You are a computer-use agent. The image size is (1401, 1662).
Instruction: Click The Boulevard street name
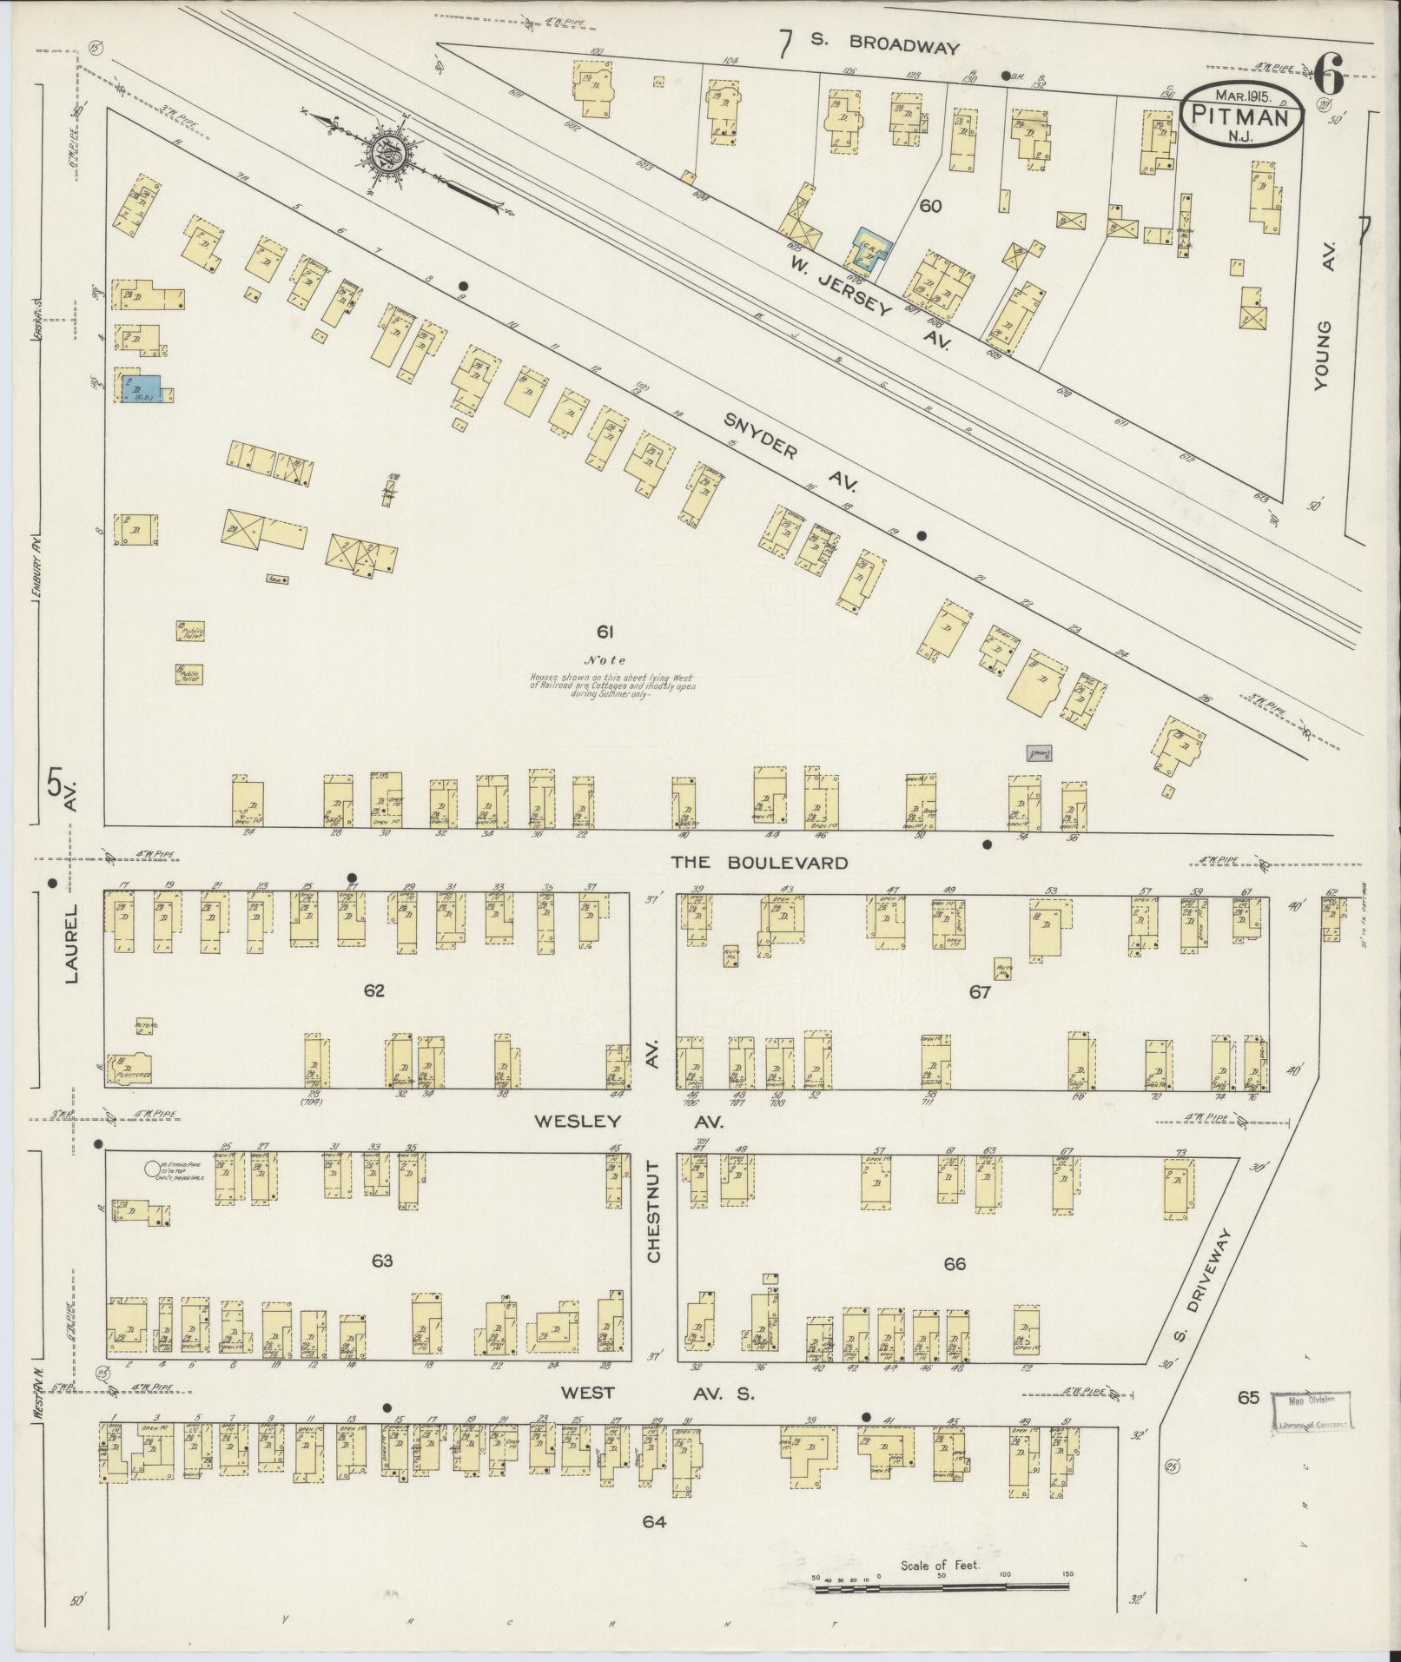point(757,862)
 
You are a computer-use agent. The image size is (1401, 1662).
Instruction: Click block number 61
point(605,631)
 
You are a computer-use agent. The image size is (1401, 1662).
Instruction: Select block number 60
point(931,206)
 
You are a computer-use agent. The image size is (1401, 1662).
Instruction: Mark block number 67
point(980,991)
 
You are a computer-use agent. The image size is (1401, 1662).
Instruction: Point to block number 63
point(382,1261)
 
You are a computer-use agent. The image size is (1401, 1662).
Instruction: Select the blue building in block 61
point(148,388)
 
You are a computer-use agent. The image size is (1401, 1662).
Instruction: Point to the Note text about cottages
point(612,674)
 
